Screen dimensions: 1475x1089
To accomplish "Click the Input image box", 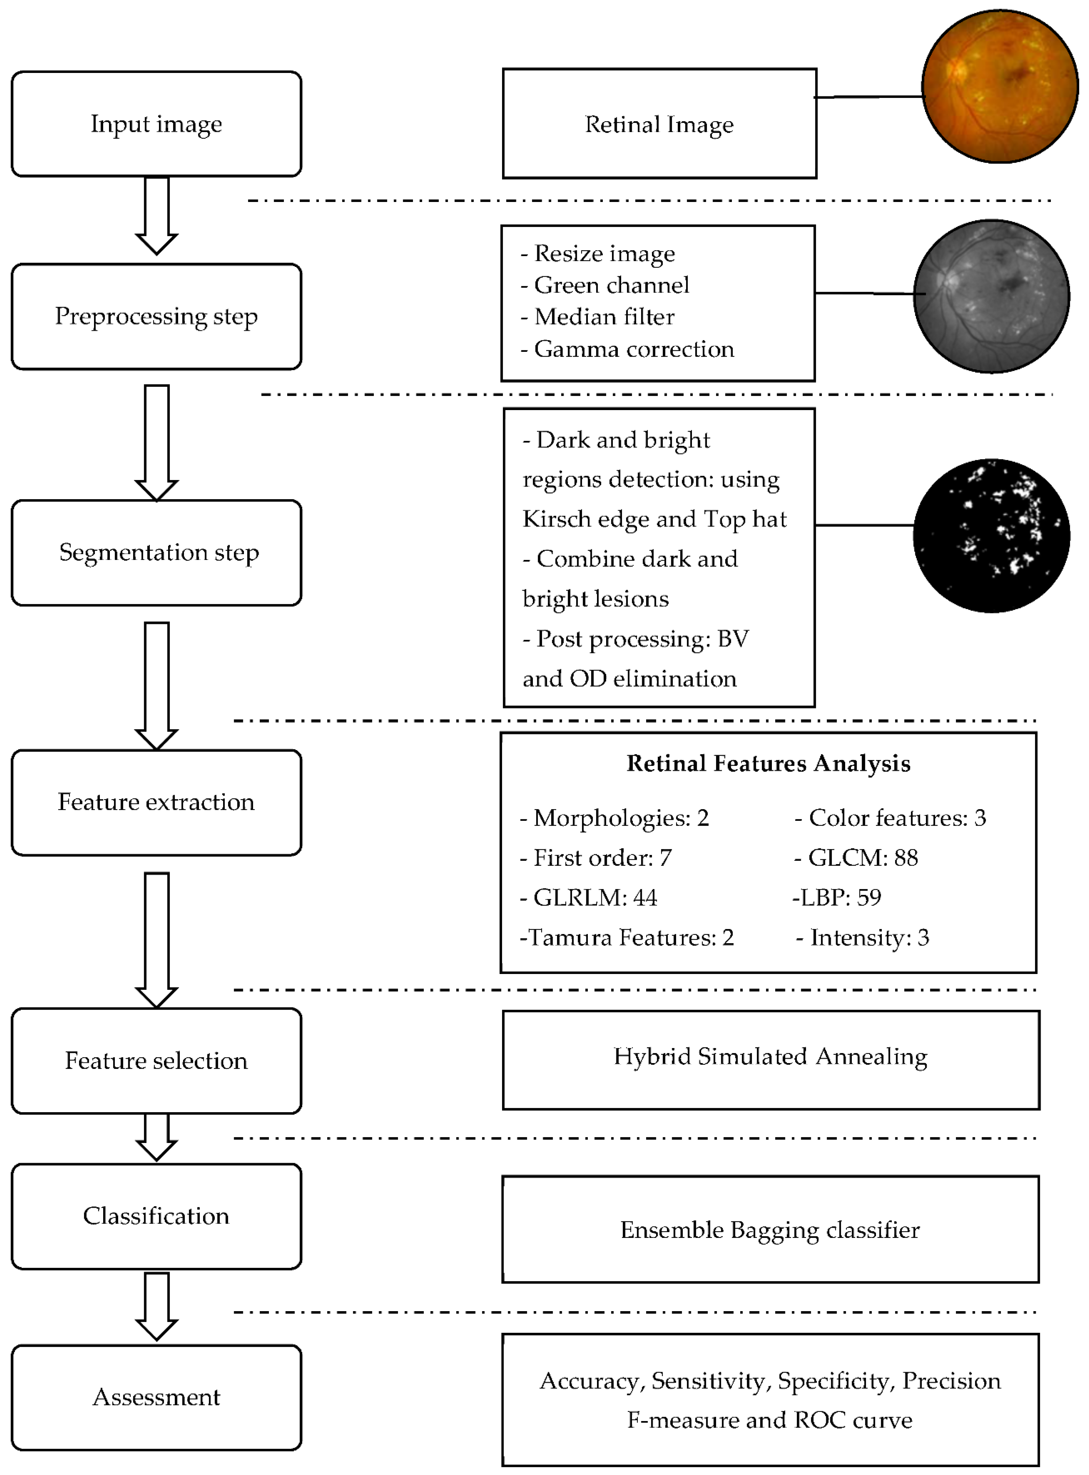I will [x=156, y=124].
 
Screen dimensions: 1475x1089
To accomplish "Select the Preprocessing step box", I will [x=156, y=316].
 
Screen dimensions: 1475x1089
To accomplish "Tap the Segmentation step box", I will [x=156, y=552].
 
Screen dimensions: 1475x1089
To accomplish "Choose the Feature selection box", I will [x=156, y=1060].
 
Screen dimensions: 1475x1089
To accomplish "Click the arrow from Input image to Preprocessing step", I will [x=156, y=214].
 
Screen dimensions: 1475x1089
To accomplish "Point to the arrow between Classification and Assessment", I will [x=156, y=1305].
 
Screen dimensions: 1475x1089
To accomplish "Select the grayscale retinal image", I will [x=991, y=296].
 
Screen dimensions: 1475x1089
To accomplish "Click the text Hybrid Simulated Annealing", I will [x=770, y=1056].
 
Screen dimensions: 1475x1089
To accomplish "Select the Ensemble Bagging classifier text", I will [x=770, y=1230].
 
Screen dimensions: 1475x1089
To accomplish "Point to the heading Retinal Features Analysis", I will [x=768, y=763].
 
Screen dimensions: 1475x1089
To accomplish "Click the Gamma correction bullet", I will [x=628, y=349].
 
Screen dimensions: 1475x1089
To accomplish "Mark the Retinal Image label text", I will [x=659, y=124].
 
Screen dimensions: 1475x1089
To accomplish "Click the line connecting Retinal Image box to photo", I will [x=869, y=97].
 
